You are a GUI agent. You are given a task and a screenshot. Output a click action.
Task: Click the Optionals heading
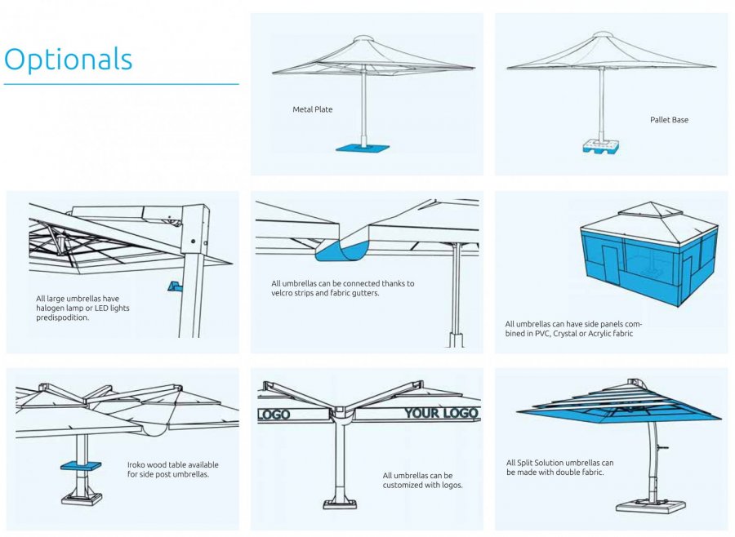(69, 60)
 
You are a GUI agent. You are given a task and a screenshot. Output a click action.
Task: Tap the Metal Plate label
(312, 109)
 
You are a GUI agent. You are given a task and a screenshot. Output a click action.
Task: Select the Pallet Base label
(669, 120)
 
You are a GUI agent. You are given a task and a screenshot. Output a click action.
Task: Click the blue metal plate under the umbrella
(363, 148)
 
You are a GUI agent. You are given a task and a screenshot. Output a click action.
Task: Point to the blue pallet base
(600, 147)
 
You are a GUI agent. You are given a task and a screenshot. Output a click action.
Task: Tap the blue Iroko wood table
(81, 466)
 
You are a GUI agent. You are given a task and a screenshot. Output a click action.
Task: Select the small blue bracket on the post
(175, 286)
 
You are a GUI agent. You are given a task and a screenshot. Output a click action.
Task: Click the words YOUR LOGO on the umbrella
(441, 413)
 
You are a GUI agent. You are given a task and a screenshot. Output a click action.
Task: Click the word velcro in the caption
(283, 293)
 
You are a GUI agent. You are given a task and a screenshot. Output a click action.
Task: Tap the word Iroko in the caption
(137, 465)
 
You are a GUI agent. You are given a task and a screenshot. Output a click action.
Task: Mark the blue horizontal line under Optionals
(122, 84)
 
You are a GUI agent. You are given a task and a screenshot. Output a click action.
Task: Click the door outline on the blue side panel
(610, 264)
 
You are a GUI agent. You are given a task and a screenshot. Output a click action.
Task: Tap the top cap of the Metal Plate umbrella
(363, 38)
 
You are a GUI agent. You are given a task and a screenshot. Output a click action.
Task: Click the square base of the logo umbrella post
(340, 504)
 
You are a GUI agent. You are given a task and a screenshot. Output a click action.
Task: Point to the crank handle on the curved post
(661, 448)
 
